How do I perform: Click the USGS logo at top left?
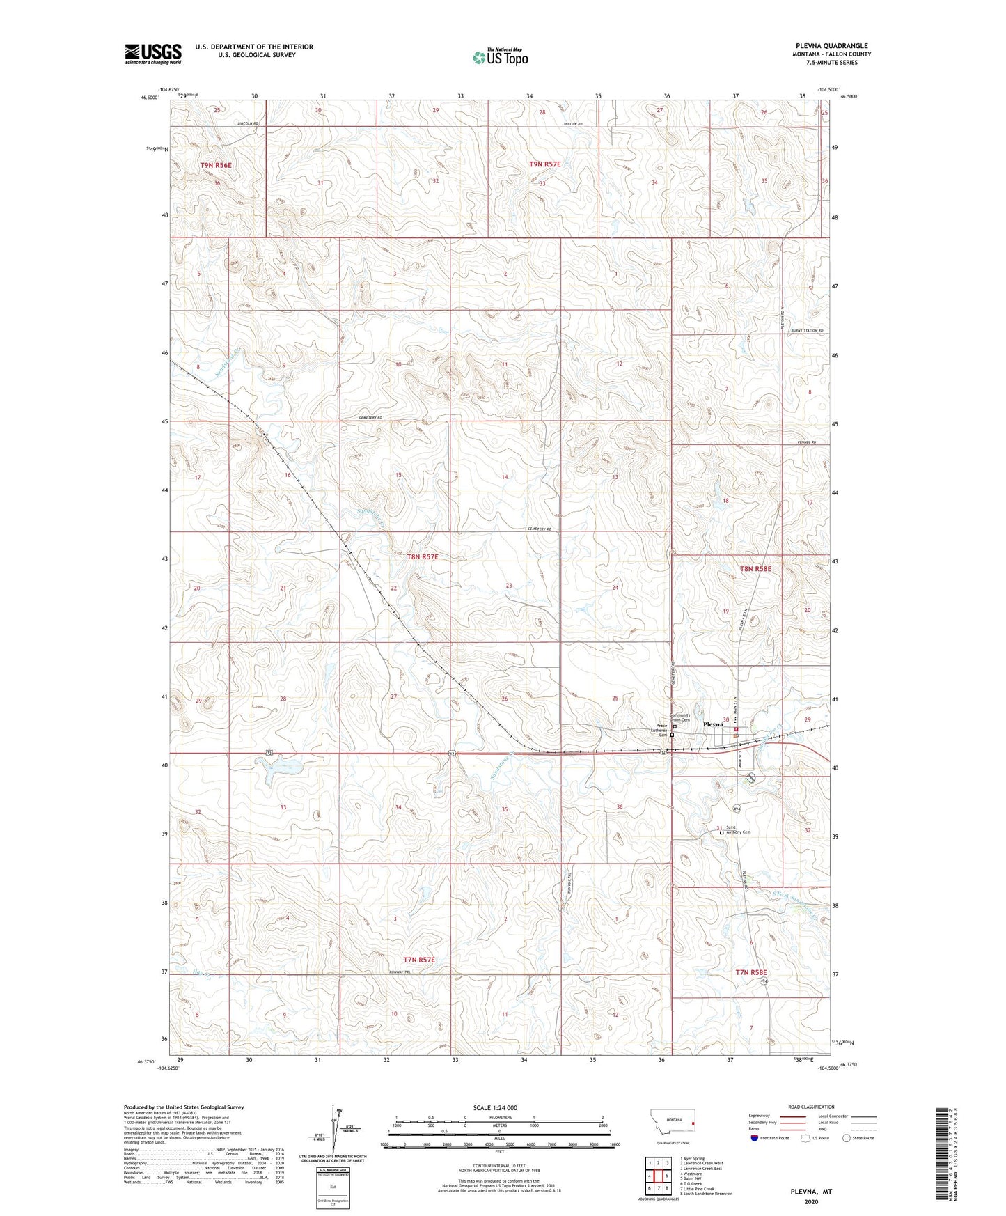(x=153, y=53)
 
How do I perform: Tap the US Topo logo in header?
(x=499, y=57)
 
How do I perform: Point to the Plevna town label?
(x=714, y=724)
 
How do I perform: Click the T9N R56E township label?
(x=215, y=165)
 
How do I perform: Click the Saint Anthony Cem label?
(x=738, y=830)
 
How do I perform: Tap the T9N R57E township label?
(x=544, y=164)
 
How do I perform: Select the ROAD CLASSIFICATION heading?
(x=810, y=1107)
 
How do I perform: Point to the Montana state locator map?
(x=672, y=1122)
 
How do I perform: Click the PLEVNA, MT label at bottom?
(x=811, y=1192)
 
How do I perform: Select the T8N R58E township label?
(x=755, y=568)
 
